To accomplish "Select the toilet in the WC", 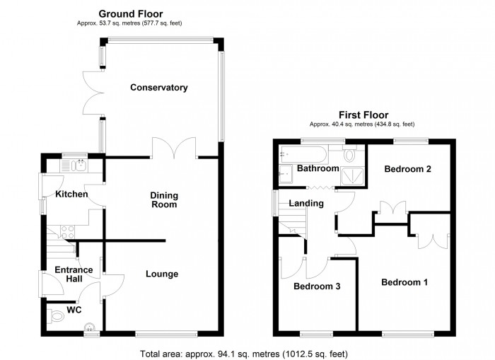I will tap(56, 316).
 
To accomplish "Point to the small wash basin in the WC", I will tap(89, 326).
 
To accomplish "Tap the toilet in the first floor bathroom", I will tap(351, 154).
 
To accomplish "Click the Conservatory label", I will tap(158, 88).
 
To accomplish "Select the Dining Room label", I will tap(163, 199).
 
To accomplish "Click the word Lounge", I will tap(162, 274).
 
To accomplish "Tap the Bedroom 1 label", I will tap(404, 282).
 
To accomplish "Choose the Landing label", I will tap(306, 204).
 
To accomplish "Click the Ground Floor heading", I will tap(130, 13).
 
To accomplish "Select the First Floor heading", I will tap(363, 115).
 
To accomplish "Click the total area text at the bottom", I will tap(244, 354).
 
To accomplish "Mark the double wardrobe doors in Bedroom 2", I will tap(391, 208).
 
